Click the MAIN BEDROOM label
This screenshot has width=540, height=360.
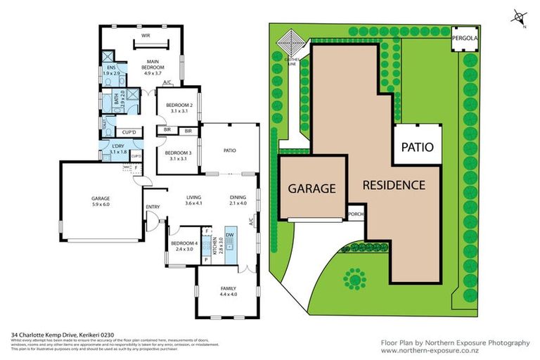(153, 64)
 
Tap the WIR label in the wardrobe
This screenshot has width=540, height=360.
(146, 34)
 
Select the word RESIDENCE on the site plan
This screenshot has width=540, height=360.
(394, 186)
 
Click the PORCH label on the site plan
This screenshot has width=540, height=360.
(354, 216)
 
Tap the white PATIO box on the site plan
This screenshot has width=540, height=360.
(417, 148)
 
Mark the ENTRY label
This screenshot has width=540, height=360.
(152, 206)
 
